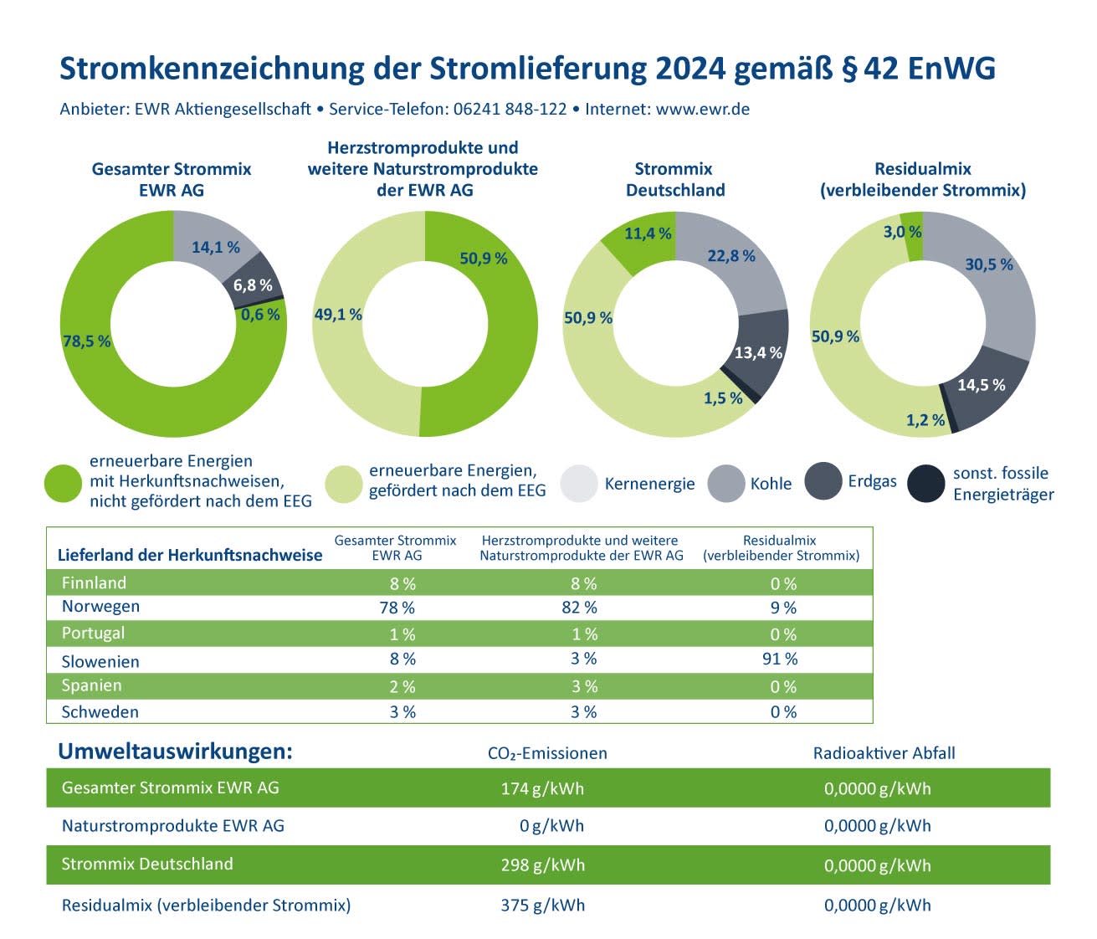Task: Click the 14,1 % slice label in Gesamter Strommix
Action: [x=216, y=248]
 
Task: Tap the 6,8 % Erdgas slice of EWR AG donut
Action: [x=253, y=285]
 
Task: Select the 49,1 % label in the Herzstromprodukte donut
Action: [x=338, y=315]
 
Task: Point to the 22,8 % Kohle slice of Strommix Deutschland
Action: [x=731, y=256]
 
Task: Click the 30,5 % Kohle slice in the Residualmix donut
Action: [x=989, y=264]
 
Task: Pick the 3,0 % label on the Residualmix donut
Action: [x=902, y=232]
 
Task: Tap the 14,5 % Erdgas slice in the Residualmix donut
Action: [x=982, y=385]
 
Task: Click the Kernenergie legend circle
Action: [x=579, y=484]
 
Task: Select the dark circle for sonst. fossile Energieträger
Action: [x=926, y=484]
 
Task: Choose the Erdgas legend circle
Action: [x=823, y=481]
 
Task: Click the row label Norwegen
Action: [x=100, y=607]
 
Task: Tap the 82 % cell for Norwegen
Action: [x=580, y=608]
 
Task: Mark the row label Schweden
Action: [x=100, y=712]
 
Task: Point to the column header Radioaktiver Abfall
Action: [x=884, y=753]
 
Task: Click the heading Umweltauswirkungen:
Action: [x=175, y=752]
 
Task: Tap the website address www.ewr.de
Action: [x=702, y=110]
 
